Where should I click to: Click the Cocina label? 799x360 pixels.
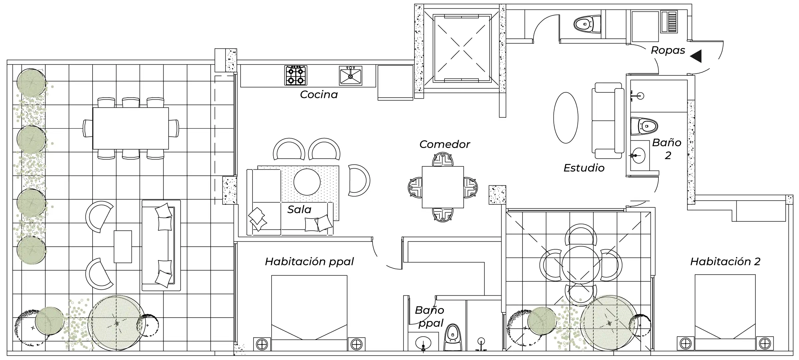319,95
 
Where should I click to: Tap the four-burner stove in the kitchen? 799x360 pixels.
296,76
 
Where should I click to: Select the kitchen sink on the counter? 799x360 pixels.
351,76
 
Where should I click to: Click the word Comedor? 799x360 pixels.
444,144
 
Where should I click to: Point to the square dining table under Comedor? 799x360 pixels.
443,187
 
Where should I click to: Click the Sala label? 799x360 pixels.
299,210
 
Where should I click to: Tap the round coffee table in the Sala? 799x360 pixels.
307,182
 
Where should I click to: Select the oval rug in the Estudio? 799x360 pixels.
566,118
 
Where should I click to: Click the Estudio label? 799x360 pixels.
584,168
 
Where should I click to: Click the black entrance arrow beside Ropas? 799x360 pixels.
696,56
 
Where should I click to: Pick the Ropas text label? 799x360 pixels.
668,50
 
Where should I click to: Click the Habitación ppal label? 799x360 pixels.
309,262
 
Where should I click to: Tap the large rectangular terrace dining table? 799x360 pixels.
131,128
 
